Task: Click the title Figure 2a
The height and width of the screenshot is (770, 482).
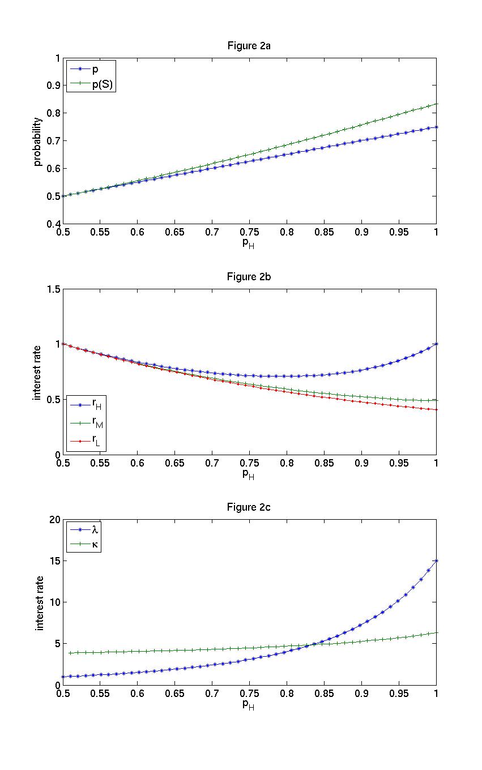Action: pos(249,46)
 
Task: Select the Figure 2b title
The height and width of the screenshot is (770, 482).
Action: pos(249,276)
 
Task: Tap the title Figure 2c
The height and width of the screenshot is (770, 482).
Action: pos(249,507)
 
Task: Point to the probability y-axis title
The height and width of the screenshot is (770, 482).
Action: pos(38,142)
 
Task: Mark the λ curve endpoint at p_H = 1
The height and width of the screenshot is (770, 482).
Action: pos(436,561)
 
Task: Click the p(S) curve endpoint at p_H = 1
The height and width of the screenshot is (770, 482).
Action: pos(436,104)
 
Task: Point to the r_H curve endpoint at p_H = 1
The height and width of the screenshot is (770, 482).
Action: pos(436,344)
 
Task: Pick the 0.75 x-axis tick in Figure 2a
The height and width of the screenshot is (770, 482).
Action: pos(249,232)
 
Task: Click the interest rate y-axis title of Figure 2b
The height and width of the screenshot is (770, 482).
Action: pos(38,372)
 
